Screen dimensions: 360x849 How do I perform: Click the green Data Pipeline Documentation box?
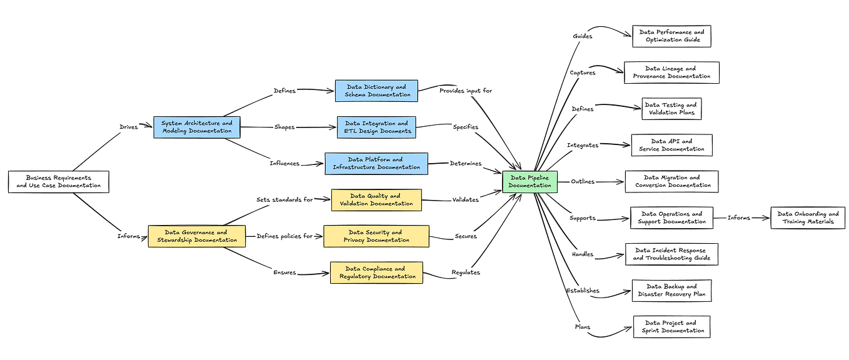pyautogui.click(x=530, y=181)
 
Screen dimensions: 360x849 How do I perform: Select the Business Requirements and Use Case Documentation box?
pyautogui.click(x=59, y=182)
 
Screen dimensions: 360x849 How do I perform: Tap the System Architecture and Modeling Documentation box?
pyautogui.click(x=197, y=127)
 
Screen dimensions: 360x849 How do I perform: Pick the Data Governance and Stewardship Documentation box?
pyautogui.click(x=196, y=236)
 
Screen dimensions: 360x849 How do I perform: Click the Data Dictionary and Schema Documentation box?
pyautogui.click(x=376, y=91)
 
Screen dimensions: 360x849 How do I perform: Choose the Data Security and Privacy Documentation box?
pyautogui.click(x=376, y=236)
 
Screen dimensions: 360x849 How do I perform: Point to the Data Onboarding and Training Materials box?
pyautogui.click(x=808, y=217)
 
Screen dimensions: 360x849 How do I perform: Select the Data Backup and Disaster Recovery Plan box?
pyautogui.click(x=671, y=291)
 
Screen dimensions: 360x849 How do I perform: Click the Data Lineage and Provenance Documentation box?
pyautogui.click(x=671, y=72)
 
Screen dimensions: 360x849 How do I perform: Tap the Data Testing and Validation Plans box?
pyautogui.click(x=671, y=109)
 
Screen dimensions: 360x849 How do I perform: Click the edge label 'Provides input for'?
pyautogui.click(x=466, y=91)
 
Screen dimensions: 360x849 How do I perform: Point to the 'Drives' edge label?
pyautogui.click(x=129, y=127)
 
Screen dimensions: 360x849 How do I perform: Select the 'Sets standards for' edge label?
pyautogui.click(x=284, y=200)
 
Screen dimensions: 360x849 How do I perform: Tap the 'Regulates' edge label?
pyautogui.click(x=465, y=272)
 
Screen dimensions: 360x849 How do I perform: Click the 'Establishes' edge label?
pyautogui.click(x=583, y=291)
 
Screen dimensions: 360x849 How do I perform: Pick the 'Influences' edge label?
pyautogui.click(x=284, y=164)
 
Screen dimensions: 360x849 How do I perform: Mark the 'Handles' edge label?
pyautogui.click(x=583, y=254)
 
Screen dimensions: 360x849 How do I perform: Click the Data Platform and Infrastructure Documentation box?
pyautogui.click(x=376, y=164)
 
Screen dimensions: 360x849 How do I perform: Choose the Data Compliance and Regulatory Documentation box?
pyautogui.click(x=376, y=272)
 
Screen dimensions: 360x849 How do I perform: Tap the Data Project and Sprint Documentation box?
pyautogui.click(x=671, y=327)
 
